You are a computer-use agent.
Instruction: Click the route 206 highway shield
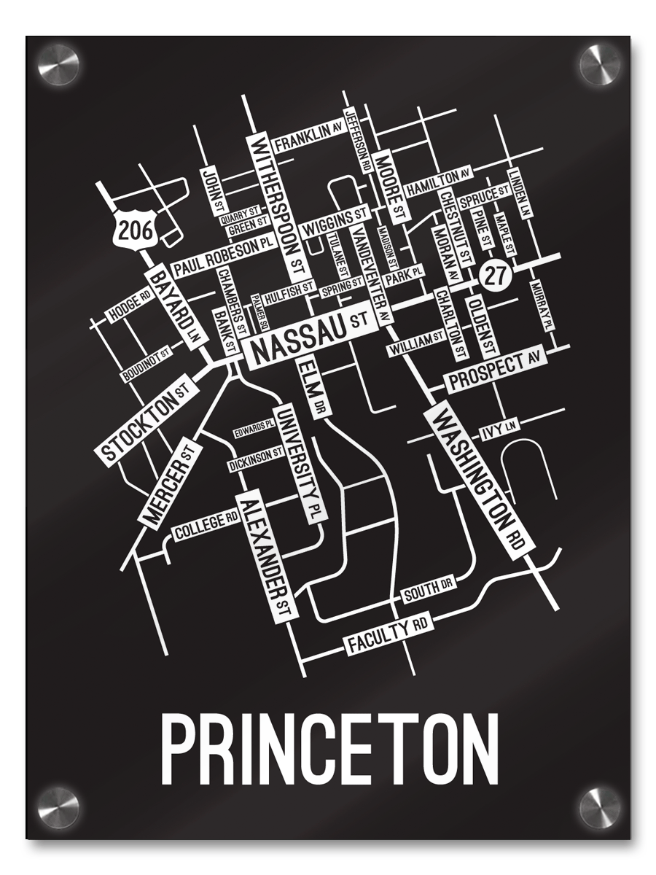(136, 230)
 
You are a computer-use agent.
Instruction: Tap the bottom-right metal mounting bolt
(599, 807)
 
